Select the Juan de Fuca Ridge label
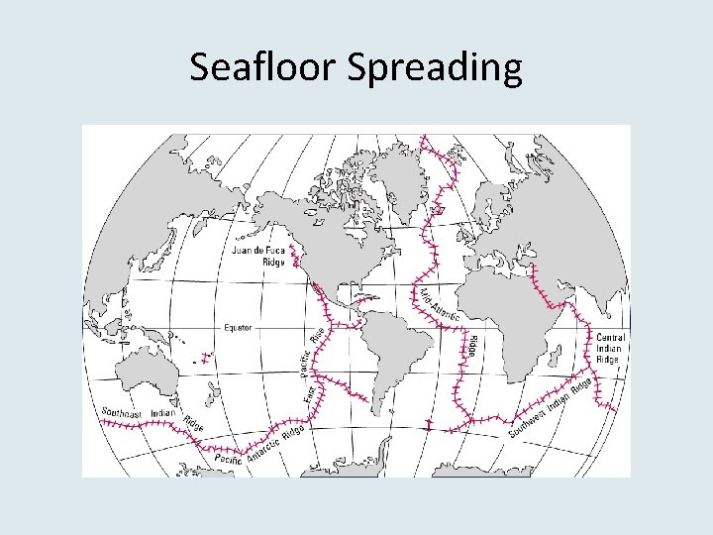[x=258, y=256]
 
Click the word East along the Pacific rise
[x=309, y=393]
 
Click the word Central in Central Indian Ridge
[x=610, y=338]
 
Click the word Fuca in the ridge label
[x=271, y=251]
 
